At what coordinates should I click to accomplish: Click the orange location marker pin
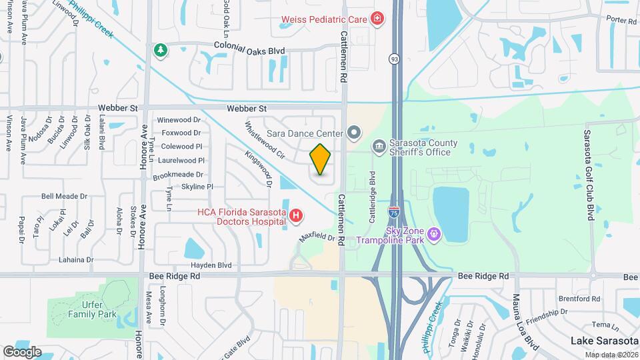(321, 159)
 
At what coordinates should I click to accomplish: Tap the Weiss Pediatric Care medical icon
(377, 18)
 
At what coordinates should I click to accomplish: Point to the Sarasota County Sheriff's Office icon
(379, 146)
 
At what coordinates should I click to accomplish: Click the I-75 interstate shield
(394, 212)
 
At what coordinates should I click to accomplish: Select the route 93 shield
(395, 59)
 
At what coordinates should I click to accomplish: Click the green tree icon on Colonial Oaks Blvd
(160, 49)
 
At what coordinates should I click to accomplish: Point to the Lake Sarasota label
(604, 341)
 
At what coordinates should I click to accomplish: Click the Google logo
(22, 351)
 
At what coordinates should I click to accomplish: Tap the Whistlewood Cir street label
(265, 140)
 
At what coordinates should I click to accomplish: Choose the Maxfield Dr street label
(317, 237)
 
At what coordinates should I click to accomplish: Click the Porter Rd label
(621, 21)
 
